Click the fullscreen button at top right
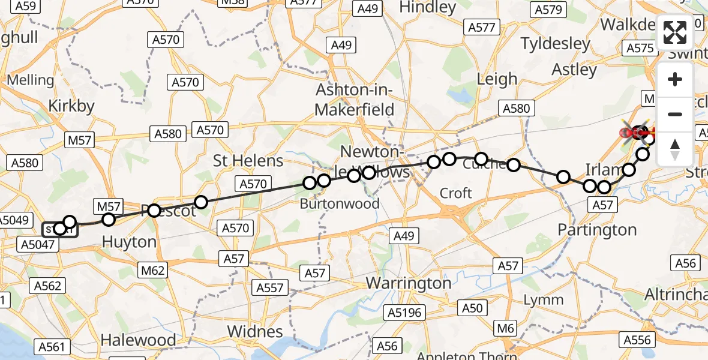coord(675,32)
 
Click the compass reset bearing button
coord(675,149)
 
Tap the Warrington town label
coord(409,283)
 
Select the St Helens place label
coord(248,161)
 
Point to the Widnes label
coord(255,331)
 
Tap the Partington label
coord(597,230)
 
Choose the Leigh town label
coord(497,79)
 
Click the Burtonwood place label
coord(340,203)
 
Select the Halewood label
coord(138,340)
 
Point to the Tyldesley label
coord(556,44)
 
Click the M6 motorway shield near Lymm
coord(506,328)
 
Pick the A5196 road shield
coord(404,313)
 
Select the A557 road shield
coord(270,288)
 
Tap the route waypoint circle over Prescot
coord(154,211)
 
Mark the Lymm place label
coord(543,300)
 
